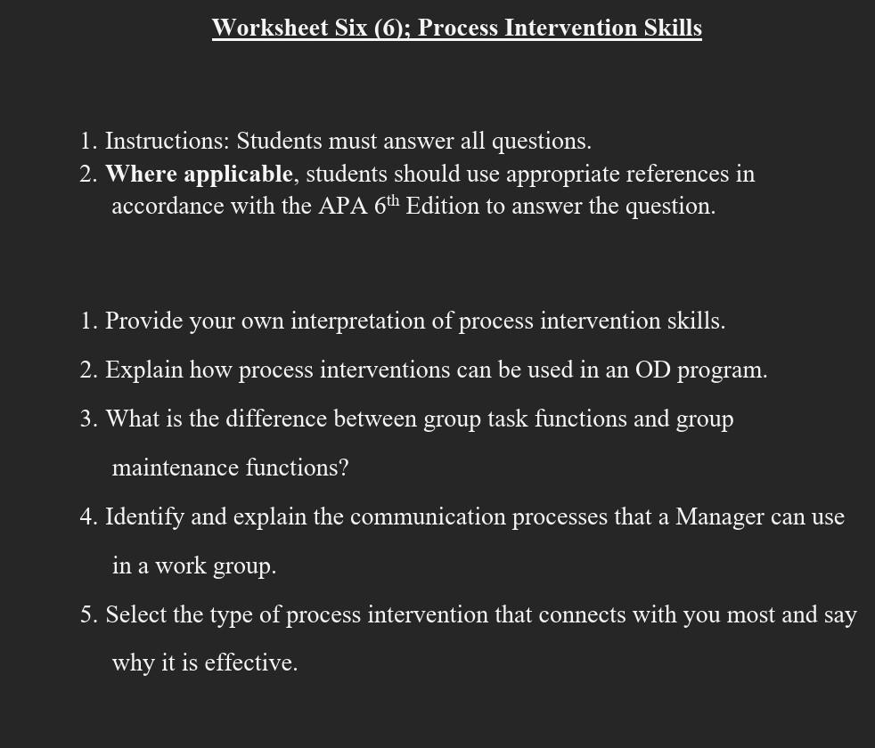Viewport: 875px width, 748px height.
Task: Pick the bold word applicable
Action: coord(239,174)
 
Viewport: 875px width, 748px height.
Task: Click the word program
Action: coord(722,370)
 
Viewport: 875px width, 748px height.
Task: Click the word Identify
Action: coord(144,517)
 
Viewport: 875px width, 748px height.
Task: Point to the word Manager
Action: coord(719,517)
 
